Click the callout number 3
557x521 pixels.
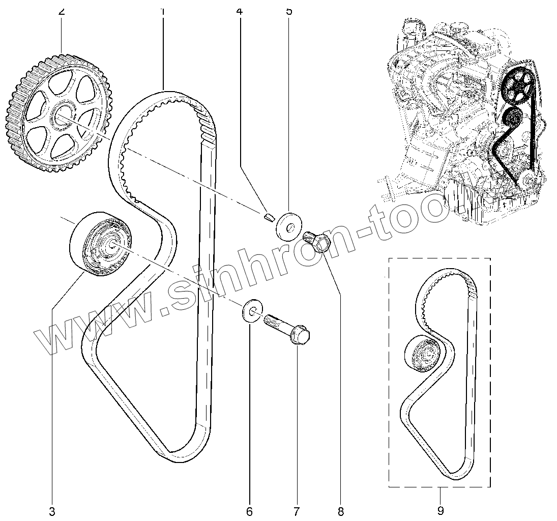click(52, 510)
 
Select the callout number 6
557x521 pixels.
click(249, 510)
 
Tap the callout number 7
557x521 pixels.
click(296, 510)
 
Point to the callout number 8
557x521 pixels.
click(340, 510)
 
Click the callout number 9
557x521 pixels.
click(441, 510)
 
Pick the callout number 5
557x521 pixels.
click(289, 10)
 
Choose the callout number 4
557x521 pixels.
click(239, 10)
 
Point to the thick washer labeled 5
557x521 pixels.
click(288, 225)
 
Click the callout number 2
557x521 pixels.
click(62, 10)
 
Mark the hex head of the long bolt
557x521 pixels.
click(302, 336)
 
